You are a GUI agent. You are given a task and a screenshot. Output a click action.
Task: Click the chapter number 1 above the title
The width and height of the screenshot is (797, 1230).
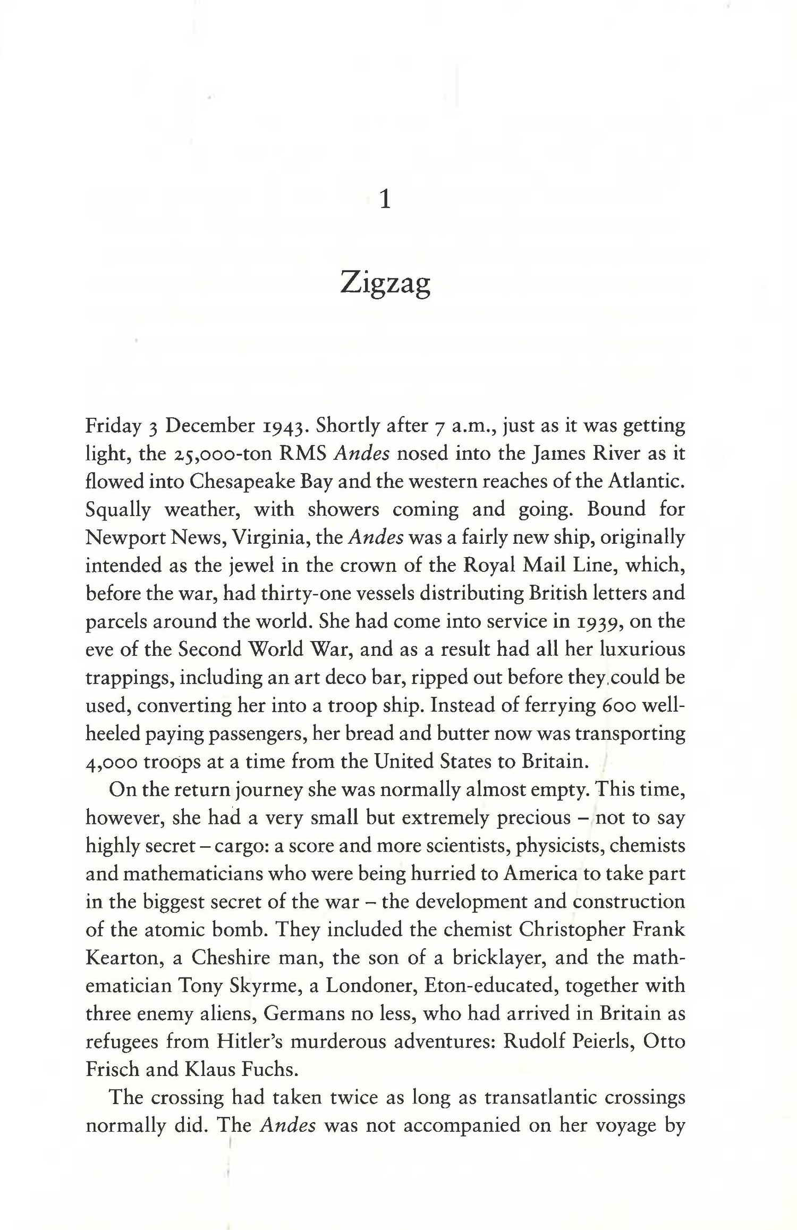(386, 200)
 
